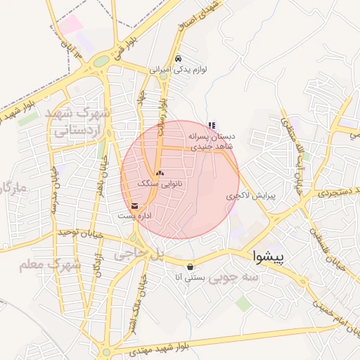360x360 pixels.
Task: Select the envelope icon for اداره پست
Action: tap(134, 206)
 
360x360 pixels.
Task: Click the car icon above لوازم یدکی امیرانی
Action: tap(178, 59)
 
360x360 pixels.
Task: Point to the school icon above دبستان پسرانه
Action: tap(212, 125)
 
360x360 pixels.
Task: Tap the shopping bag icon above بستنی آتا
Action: tap(191, 266)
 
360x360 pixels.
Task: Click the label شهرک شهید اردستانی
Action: tap(78, 121)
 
